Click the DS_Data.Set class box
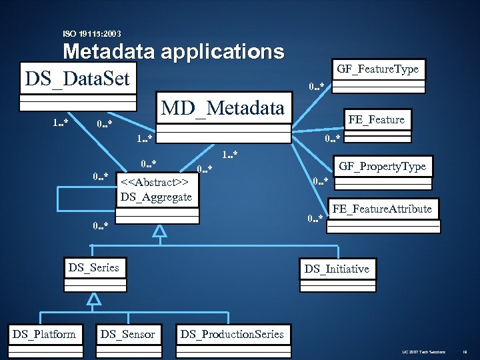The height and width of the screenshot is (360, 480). point(77,79)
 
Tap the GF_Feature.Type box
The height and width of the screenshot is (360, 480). point(377,69)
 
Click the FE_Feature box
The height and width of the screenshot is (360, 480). point(376,119)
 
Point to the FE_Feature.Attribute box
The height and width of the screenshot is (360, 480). point(382,209)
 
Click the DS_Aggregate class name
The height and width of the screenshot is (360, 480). point(156,196)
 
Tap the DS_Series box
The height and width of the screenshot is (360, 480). point(93,268)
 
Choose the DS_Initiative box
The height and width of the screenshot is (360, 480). point(337,269)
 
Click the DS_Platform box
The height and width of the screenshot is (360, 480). point(44,334)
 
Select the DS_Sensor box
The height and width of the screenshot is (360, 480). point(127,334)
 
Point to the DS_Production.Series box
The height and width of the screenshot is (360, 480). point(232,334)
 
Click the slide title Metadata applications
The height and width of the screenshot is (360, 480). point(173,51)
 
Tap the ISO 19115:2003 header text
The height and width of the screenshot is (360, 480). point(92,33)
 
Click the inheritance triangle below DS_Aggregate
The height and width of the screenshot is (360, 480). point(159,231)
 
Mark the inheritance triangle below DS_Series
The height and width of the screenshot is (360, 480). point(94,299)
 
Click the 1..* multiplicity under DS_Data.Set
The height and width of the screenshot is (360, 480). point(61,122)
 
